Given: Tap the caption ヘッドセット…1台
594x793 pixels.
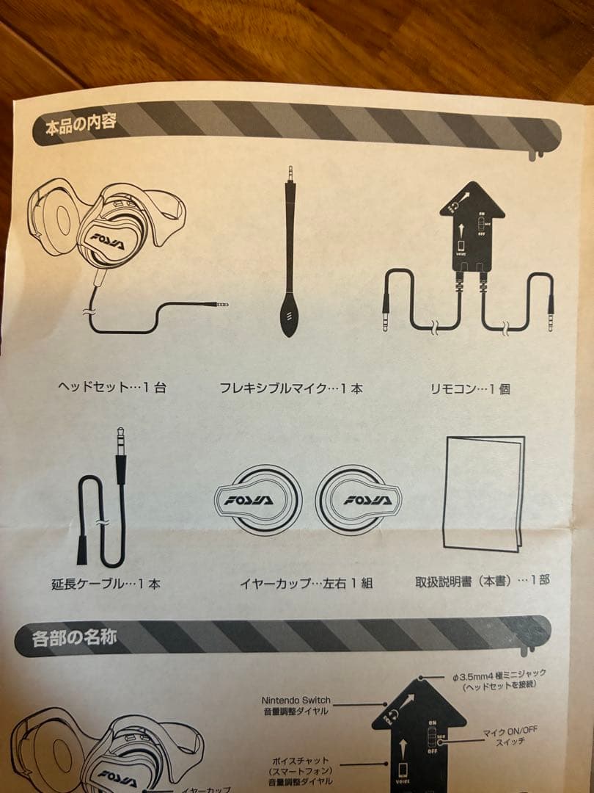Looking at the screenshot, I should (111, 387).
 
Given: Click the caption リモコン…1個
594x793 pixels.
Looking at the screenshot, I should (470, 388).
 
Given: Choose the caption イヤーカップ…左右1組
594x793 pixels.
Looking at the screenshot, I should (307, 583).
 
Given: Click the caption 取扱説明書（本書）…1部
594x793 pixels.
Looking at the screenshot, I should (483, 580).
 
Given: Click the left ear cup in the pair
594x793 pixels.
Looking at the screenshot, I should (257, 499).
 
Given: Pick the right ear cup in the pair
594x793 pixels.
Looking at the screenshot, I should (359, 500).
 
